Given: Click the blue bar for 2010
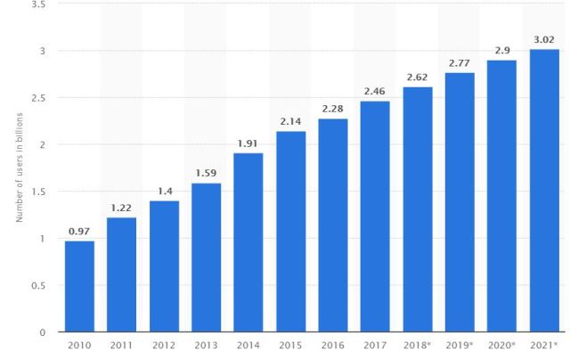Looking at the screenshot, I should [79, 286].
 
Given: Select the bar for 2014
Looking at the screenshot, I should [248, 242].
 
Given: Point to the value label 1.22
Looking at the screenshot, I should [121, 208].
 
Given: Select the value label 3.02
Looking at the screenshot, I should [544, 39].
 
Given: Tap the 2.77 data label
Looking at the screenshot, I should [460, 62].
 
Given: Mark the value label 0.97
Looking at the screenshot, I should [79, 231].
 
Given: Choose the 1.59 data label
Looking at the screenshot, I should [206, 173].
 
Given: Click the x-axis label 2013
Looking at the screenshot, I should [206, 345].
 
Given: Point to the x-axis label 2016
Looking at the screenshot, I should [333, 345].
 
